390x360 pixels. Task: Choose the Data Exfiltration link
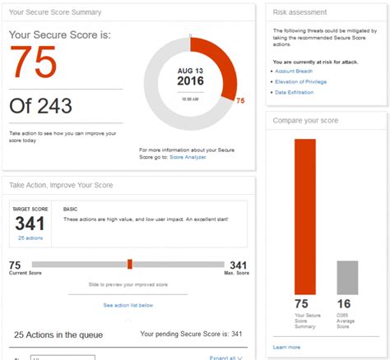[294, 94]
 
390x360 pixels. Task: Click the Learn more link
[287, 347]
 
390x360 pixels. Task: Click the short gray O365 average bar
[347, 277]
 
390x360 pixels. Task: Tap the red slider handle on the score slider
[130, 264]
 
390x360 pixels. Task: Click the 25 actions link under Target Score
[30, 238]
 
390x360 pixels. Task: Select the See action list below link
[128, 305]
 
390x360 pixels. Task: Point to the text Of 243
[40, 105]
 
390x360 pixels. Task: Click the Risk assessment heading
[300, 12]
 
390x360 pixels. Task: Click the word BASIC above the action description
[71, 210]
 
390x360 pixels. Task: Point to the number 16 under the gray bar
[343, 304]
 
